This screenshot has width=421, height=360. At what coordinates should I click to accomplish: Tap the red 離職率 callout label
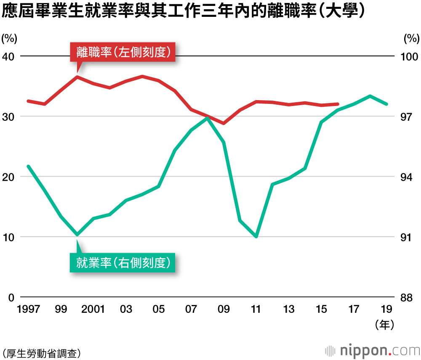[x=123, y=52]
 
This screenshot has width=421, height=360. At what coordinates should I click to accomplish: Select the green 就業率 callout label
[x=123, y=263]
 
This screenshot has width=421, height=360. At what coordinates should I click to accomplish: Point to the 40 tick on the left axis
[x=8, y=56]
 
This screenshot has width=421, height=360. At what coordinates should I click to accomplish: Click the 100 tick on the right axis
[x=408, y=56]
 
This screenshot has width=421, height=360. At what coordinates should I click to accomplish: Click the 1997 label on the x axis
[x=28, y=310]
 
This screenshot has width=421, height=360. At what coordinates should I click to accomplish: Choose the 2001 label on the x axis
[x=93, y=310]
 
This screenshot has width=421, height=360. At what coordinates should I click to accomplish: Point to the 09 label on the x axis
[x=224, y=310]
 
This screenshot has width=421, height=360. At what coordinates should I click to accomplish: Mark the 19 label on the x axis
[x=386, y=310]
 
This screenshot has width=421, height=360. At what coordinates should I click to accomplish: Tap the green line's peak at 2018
[x=370, y=96]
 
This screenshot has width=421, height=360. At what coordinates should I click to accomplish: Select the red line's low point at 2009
[x=224, y=123]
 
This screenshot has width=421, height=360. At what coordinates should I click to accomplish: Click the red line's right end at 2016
[x=338, y=104]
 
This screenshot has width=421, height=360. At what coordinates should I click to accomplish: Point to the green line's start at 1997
[x=28, y=167]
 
